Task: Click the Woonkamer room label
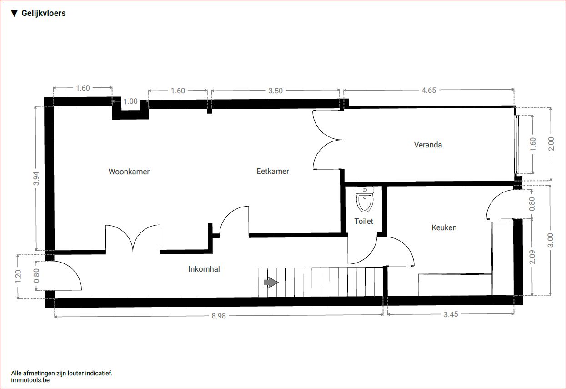[129, 172]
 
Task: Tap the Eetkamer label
[273, 171]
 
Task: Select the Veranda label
[428, 145]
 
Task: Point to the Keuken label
[444, 227]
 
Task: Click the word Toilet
[364, 221]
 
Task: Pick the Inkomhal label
[204, 269]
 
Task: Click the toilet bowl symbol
[365, 199]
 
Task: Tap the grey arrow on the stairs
[271, 282]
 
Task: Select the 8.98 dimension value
[219, 316]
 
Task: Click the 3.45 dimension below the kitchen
[451, 314]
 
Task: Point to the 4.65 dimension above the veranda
[429, 90]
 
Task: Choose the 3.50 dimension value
[275, 91]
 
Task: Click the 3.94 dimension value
[36, 178]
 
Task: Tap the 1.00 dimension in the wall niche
[130, 101]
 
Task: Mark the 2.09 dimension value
[532, 257]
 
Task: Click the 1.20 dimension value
[18, 277]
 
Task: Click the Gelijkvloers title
[44, 13]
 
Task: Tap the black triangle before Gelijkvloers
[15, 14]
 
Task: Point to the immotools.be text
[30, 380]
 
